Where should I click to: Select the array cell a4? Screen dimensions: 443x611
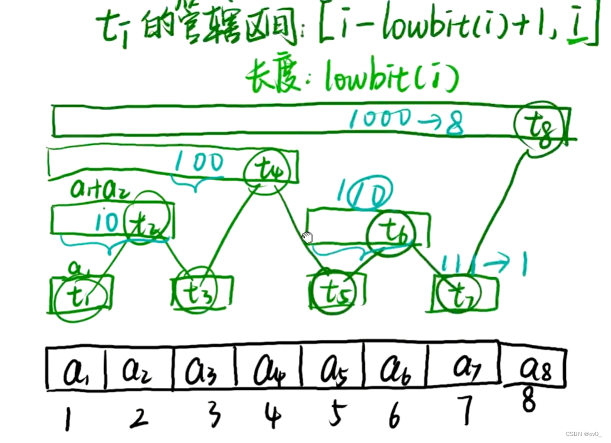tap(268, 370)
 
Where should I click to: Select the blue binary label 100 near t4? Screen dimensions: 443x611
tap(199, 163)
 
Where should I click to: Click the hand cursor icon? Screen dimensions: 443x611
tap(307, 237)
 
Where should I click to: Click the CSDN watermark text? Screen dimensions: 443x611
tap(583, 434)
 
